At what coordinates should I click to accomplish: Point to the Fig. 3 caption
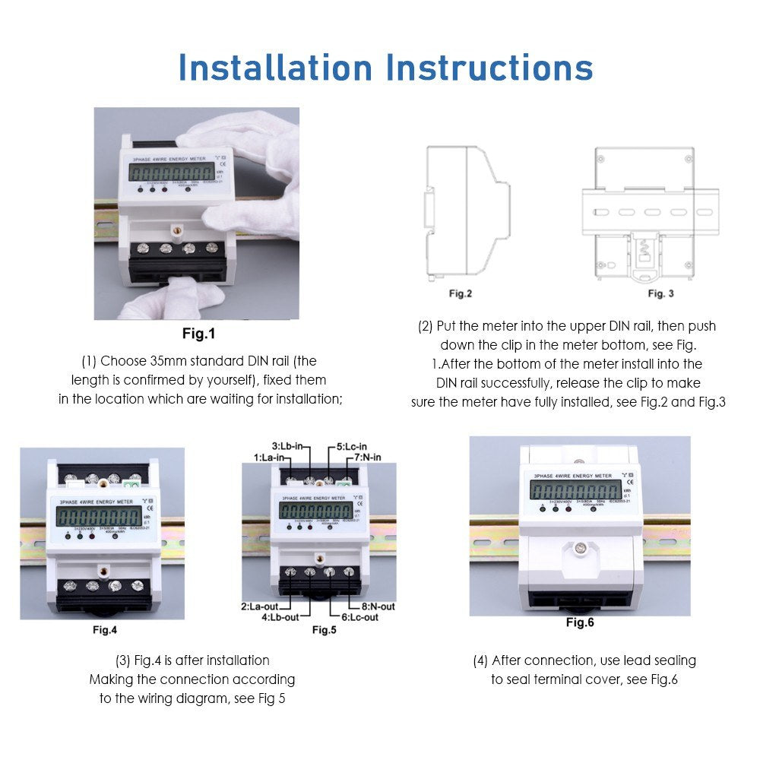pyautogui.click(x=660, y=293)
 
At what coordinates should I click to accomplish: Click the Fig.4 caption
pyautogui.click(x=105, y=629)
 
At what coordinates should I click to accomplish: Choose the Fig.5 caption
pyautogui.click(x=324, y=629)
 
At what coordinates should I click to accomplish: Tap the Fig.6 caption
pyautogui.click(x=580, y=622)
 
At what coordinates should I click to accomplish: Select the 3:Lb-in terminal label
pyautogui.click(x=288, y=446)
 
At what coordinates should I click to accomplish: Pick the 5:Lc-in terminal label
pyautogui.click(x=352, y=446)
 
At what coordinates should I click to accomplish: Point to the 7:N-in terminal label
pyautogui.click(x=365, y=458)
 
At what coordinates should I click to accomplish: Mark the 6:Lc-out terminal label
pyautogui.click(x=359, y=617)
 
